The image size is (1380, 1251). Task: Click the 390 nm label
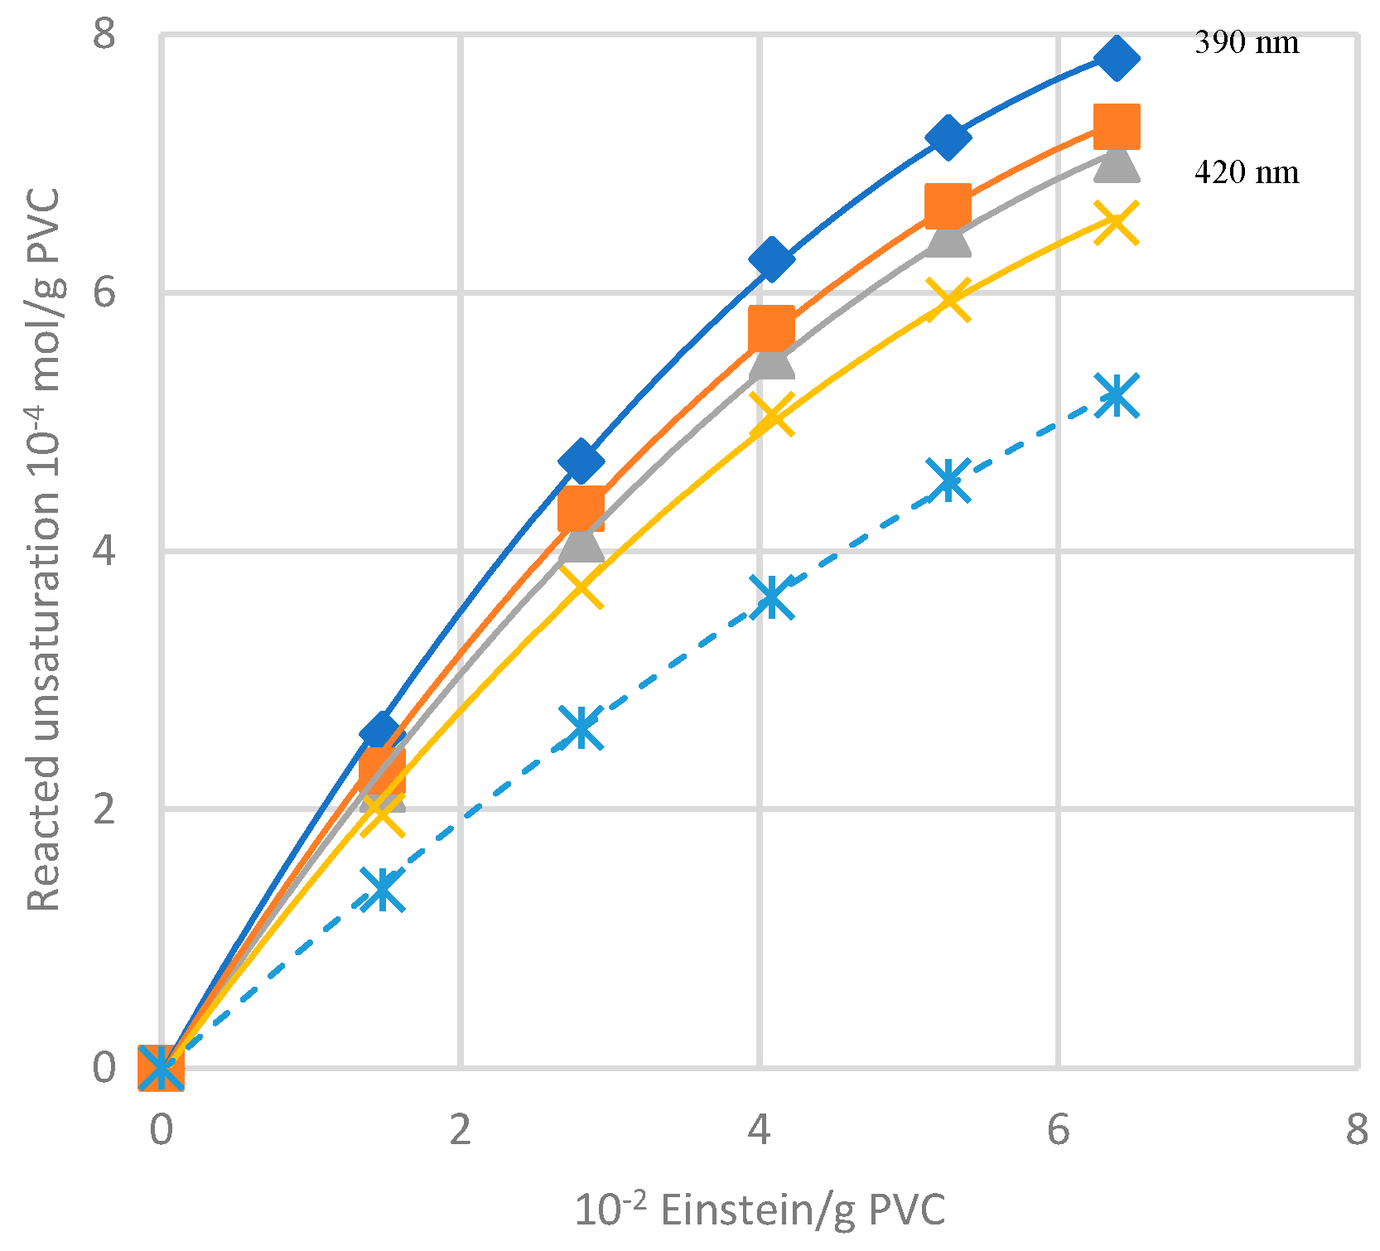(x=1246, y=42)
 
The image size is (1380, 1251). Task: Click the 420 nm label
(x=1246, y=172)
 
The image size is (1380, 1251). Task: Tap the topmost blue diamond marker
(x=1116, y=58)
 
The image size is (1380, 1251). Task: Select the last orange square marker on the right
(x=1117, y=126)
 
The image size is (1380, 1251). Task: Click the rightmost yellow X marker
(x=1117, y=222)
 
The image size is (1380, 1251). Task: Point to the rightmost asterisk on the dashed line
(x=1117, y=394)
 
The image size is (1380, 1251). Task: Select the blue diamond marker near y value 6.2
(x=772, y=259)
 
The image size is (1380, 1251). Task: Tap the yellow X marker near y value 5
(x=772, y=414)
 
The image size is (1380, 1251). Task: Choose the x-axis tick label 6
(x=1058, y=1129)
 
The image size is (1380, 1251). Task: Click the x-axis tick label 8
(x=1356, y=1129)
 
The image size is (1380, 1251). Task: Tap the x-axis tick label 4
(x=759, y=1129)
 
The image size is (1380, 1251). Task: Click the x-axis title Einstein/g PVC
(x=760, y=1210)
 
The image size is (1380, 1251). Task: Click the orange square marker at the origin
(x=161, y=1068)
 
